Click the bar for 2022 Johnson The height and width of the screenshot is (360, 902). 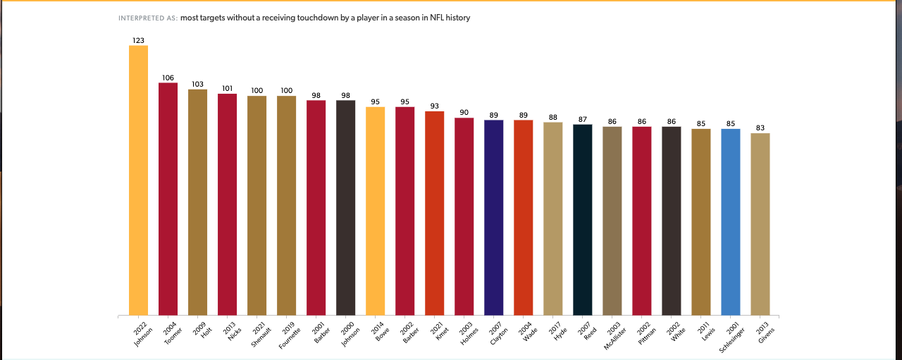coord(138,180)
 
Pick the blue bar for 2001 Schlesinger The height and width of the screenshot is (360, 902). coord(731,222)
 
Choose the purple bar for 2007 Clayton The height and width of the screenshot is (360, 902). coord(493,218)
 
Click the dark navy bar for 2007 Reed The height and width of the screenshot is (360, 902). coord(583,220)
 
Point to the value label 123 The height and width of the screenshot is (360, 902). coord(138,41)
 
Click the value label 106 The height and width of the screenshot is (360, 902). coord(168,78)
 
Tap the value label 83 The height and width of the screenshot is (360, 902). coord(760,128)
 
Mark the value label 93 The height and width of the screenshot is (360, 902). coord(434,106)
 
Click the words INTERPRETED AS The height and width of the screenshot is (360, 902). coord(148,18)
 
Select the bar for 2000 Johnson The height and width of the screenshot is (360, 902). coord(345,208)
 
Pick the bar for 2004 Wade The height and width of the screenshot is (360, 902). coord(523,218)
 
